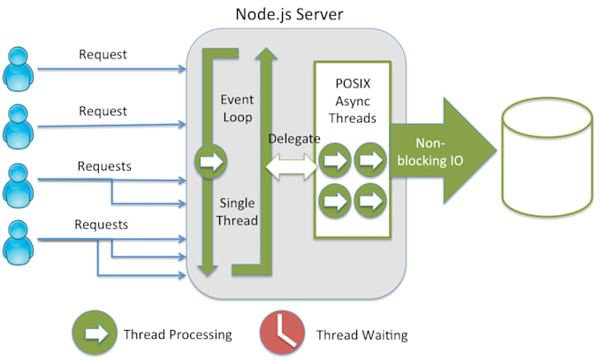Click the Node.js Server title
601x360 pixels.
tap(289, 14)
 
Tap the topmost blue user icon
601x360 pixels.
tap(18, 69)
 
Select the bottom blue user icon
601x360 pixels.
tap(18, 242)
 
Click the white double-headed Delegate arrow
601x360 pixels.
tap(292, 167)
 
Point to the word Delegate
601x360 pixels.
tap(294, 139)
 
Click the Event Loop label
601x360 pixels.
tap(237, 109)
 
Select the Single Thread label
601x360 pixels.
tap(237, 212)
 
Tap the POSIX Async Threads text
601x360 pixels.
tap(353, 101)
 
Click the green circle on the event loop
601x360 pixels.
tap(211, 161)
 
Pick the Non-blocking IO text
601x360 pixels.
tap(430, 151)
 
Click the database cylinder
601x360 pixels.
tap(547, 157)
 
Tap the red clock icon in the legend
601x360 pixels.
tap(283, 333)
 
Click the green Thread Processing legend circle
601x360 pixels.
tap(95, 333)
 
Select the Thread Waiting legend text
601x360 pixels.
tap(361, 335)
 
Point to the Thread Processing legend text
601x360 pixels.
tap(178, 334)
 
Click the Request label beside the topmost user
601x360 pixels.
tap(103, 55)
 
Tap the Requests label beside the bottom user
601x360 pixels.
tap(101, 225)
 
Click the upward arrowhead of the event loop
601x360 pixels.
tap(266, 54)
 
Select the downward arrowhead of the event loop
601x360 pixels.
tap(208, 270)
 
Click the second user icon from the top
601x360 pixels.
tap(18, 126)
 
